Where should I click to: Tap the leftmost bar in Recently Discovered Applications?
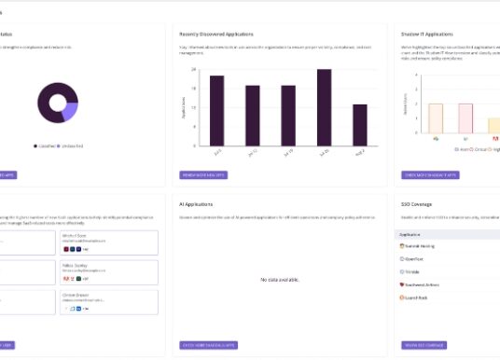click(217, 110)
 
